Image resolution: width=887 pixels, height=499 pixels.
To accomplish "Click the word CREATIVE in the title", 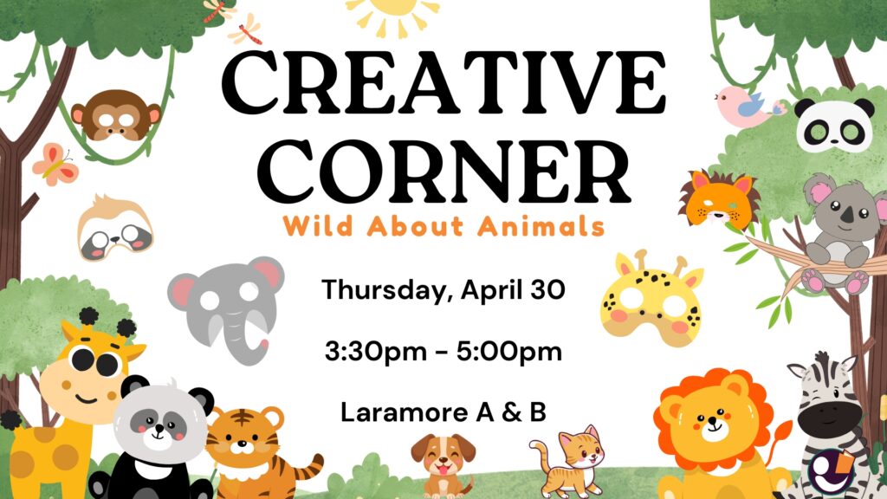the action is [x=444, y=82].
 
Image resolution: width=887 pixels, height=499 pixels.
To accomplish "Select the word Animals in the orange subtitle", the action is [x=541, y=226].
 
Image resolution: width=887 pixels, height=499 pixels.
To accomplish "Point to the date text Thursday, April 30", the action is [x=443, y=291].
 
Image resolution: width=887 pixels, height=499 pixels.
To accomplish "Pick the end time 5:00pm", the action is [x=509, y=352].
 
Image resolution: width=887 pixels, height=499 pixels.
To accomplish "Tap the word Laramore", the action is [x=405, y=412].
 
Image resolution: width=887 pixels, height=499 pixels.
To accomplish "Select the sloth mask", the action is [x=115, y=228].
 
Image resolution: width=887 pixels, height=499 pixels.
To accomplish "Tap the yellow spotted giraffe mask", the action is [x=651, y=299].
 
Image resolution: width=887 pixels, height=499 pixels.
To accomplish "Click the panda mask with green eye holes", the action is [x=835, y=126].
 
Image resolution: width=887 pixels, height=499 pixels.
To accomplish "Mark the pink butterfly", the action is [x=55, y=165].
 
